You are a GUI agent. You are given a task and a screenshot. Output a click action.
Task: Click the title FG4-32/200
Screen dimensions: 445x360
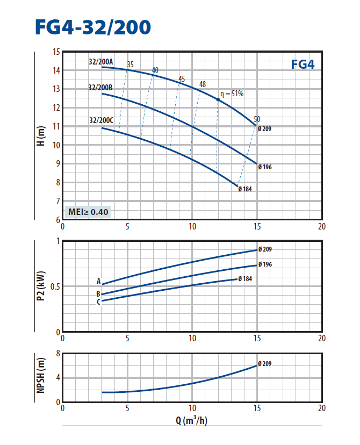click(x=92, y=26)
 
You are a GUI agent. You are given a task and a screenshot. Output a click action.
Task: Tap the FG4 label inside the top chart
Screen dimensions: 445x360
click(x=303, y=64)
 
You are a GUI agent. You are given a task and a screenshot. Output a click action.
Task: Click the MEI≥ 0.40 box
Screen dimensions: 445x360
click(x=88, y=212)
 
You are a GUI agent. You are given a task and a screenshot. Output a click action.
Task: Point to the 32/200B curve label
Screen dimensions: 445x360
click(x=100, y=87)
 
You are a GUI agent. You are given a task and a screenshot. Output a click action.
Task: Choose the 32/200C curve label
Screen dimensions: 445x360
click(x=100, y=120)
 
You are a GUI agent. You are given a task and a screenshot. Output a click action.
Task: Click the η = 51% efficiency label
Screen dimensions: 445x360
click(x=231, y=94)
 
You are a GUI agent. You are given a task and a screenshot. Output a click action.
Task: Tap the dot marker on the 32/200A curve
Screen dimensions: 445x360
click(x=218, y=99)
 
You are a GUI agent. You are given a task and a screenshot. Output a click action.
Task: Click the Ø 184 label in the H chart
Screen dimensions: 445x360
click(x=245, y=189)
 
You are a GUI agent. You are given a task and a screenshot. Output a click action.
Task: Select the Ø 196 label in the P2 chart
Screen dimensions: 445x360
click(x=265, y=264)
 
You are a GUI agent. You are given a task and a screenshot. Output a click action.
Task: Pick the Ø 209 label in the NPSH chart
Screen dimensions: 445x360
click(x=265, y=364)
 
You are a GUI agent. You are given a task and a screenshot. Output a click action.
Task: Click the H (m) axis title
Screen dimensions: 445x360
click(x=41, y=137)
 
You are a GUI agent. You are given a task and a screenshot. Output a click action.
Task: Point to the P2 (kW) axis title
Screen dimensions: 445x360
click(x=41, y=286)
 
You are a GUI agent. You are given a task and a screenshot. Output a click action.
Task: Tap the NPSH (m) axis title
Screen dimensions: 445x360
click(x=41, y=377)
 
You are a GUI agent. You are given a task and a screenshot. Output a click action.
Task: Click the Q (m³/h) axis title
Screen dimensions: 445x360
click(x=192, y=420)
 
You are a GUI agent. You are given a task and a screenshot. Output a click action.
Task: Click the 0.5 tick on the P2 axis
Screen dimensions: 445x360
click(x=54, y=286)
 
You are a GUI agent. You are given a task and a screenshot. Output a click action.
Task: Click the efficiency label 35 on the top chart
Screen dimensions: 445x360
click(x=130, y=64)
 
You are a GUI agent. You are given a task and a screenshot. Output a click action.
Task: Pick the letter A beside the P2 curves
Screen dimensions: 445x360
click(x=98, y=281)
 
